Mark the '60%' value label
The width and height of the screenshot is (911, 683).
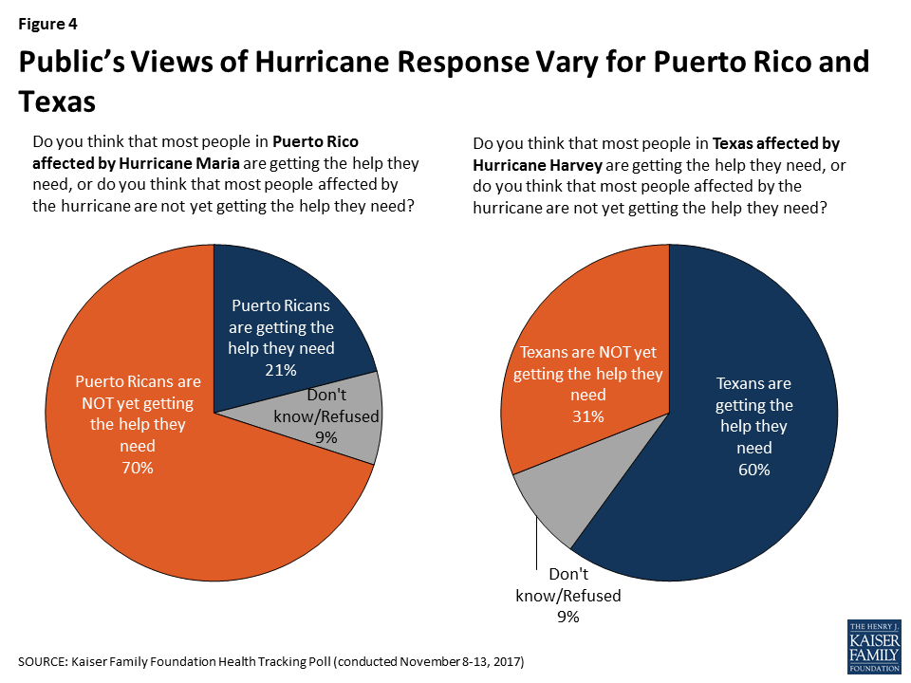click(754, 471)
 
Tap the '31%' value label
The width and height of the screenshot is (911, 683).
click(588, 416)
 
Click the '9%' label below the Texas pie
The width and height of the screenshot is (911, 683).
click(568, 618)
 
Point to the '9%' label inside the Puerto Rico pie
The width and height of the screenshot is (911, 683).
click(328, 437)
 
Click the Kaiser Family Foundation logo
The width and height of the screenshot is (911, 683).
click(873, 647)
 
